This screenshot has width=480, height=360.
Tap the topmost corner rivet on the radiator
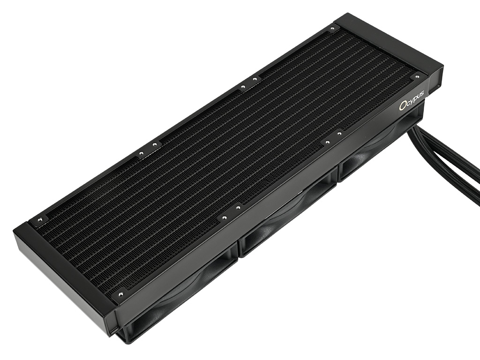point(333,30)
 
